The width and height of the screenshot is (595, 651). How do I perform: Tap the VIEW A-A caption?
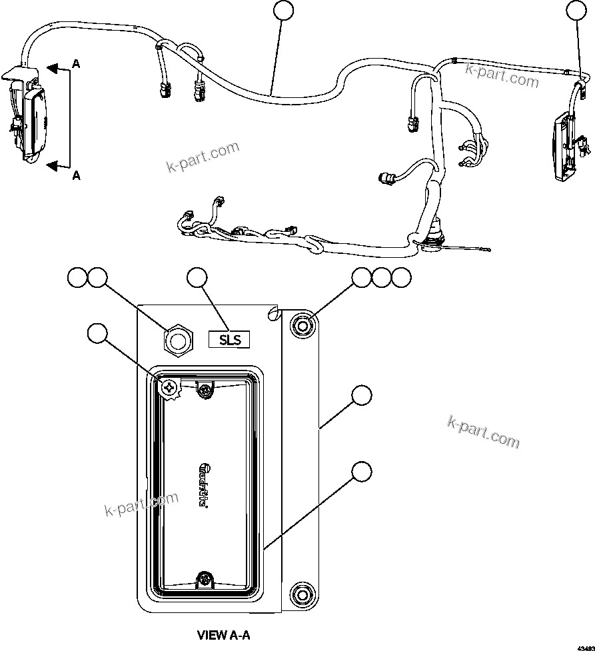click(x=223, y=634)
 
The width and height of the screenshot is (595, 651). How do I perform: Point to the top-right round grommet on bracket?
click(x=302, y=326)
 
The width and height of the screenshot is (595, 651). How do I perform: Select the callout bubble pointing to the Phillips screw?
click(x=99, y=333)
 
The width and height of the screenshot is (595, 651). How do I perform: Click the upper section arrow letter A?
click(x=76, y=65)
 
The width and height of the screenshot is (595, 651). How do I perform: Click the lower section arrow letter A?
click(x=76, y=175)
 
